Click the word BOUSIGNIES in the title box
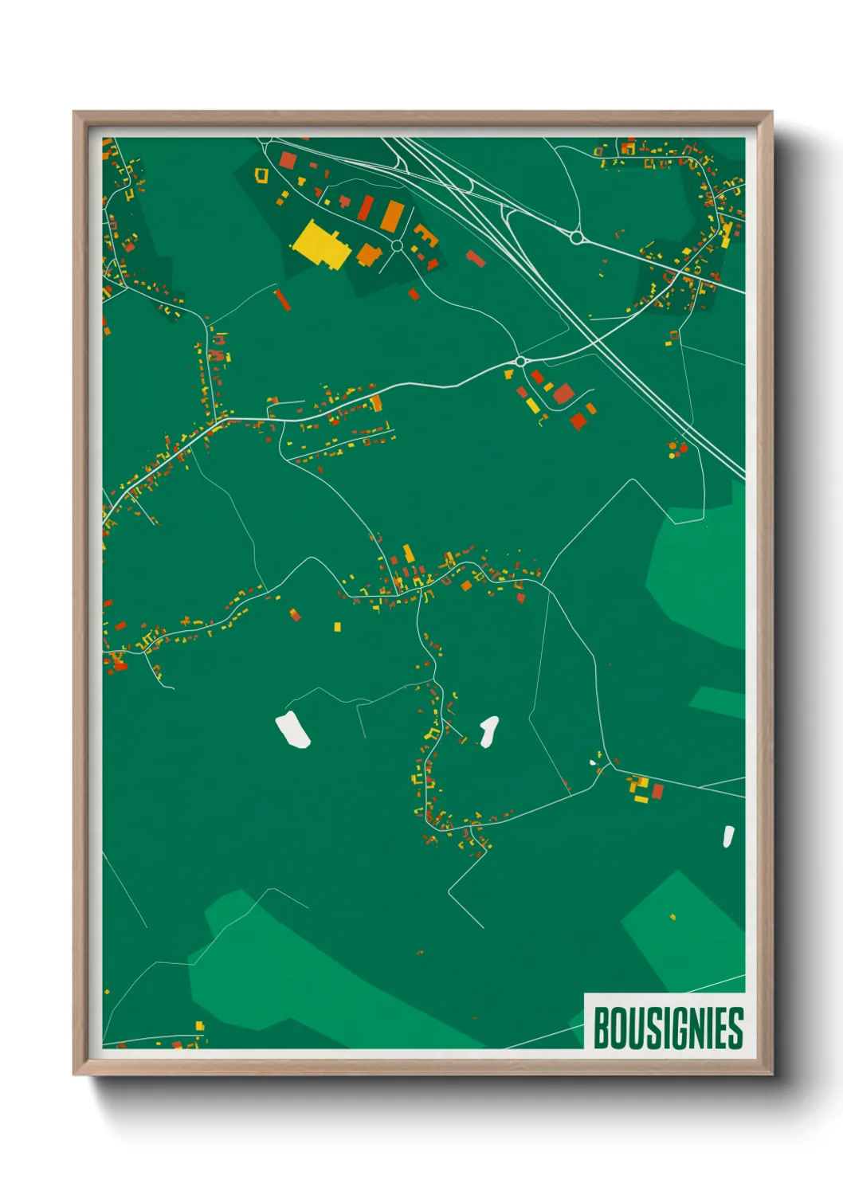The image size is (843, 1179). point(668,1028)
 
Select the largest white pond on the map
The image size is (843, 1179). point(292,731)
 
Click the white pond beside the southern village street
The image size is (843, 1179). point(488,731)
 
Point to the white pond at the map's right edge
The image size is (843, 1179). point(728,836)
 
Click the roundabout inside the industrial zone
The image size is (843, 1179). point(397,246)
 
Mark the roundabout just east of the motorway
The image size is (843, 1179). point(576,237)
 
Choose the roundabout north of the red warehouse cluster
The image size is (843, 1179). point(520,362)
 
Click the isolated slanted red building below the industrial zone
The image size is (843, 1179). point(282,300)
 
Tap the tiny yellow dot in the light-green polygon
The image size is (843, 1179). point(673,917)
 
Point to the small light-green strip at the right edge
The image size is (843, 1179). point(718,702)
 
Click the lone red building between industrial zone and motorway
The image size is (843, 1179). point(476,258)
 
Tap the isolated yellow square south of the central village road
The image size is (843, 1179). point(337,627)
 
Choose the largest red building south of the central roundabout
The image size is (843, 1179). point(563,393)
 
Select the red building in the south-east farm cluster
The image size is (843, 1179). point(658,791)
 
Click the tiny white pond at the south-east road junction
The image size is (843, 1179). point(593,763)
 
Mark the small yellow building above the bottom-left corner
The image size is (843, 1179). point(199,1026)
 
